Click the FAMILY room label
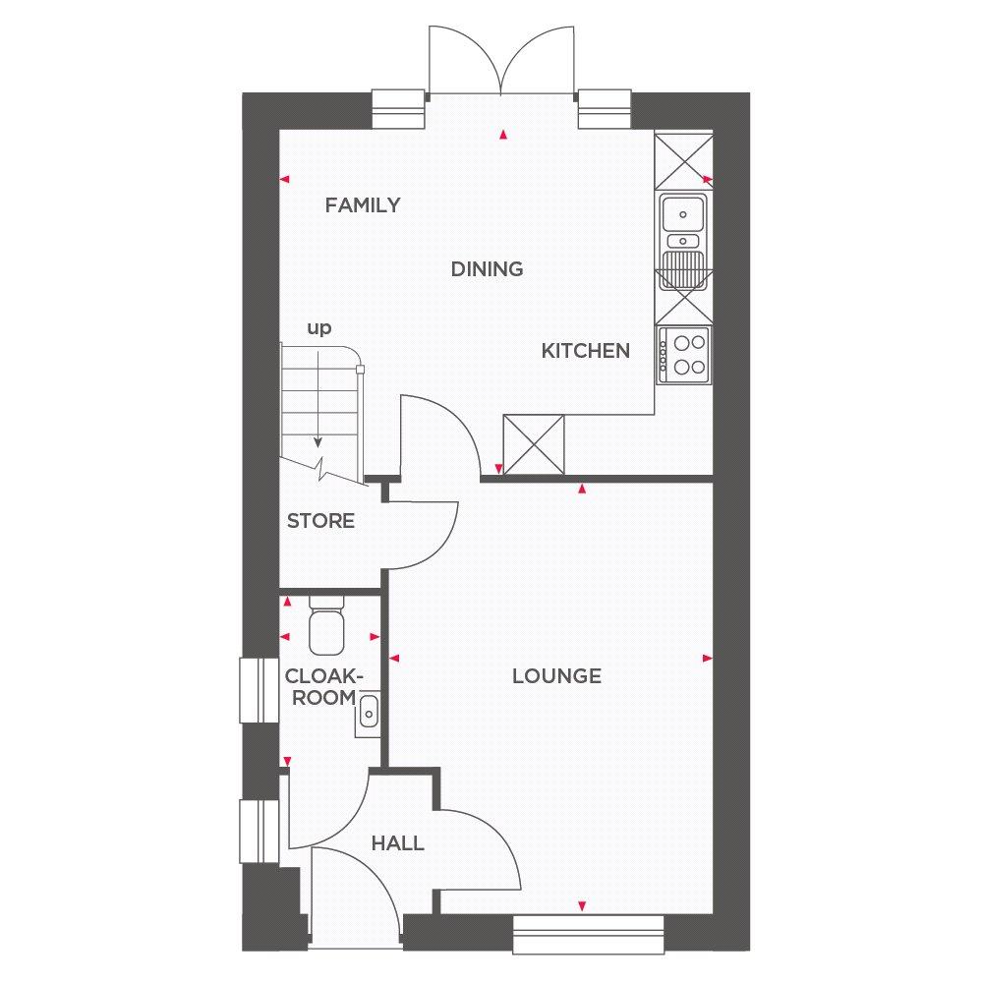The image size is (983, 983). coord(363,205)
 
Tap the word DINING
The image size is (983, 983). coord(488,269)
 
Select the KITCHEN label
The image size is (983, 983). coord(586,351)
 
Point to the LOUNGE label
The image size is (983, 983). coord(556,676)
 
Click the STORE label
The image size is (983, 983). coord(320,520)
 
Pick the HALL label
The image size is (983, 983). coord(397,843)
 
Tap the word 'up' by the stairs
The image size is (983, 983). coord(319,328)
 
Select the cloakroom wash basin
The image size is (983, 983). coord(368,714)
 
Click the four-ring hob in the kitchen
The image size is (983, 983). coord(684,355)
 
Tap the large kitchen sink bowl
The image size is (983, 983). coord(683,213)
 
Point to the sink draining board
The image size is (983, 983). coord(683,270)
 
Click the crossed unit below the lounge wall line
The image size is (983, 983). coord(534,444)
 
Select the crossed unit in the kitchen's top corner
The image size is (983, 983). coord(684,160)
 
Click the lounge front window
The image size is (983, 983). coord(588,934)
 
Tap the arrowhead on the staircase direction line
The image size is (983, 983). coord(318,442)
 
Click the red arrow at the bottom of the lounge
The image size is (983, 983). coord(582,905)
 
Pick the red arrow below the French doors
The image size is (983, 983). coord(502,134)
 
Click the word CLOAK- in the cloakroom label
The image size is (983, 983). coord(324,676)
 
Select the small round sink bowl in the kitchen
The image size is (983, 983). coord(683,241)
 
